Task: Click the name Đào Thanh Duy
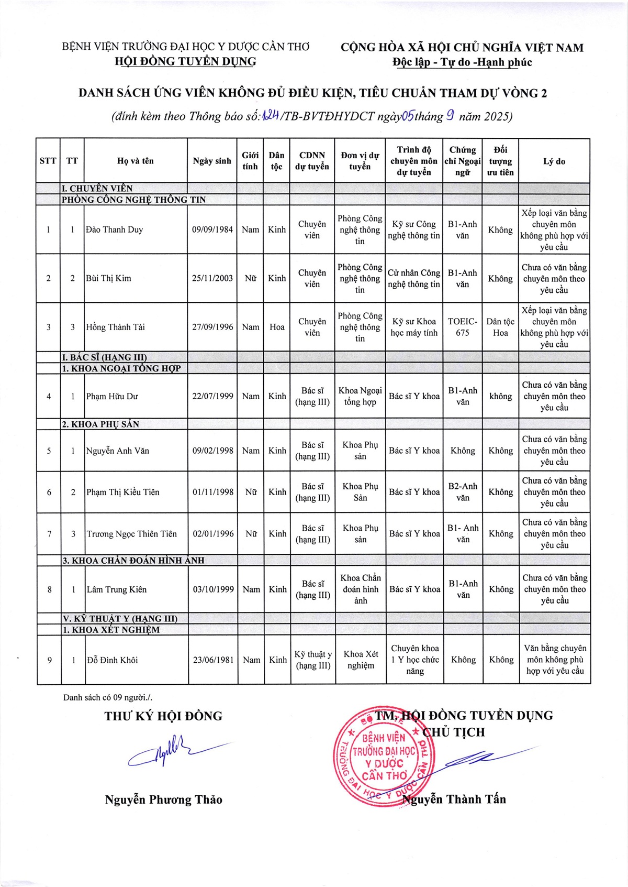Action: pos(115,229)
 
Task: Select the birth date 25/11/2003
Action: pos(212,278)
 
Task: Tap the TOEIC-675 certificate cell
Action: pos(463,327)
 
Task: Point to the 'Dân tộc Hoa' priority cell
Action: pos(500,327)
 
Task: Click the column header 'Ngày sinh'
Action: pos(212,161)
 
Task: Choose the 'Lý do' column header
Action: pos(554,161)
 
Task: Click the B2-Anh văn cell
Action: pos(463,492)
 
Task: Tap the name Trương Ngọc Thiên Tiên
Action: pos(132,534)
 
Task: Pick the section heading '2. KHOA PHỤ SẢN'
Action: pos(101,424)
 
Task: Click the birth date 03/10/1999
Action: pos(213,589)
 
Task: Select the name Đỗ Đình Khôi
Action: pos(113,660)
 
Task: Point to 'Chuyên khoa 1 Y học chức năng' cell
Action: pos(415,660)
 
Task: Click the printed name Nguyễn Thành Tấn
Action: pos(454,799)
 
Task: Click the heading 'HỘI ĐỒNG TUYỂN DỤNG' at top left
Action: pos(185,62)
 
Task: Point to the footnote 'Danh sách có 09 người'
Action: pos(108,697)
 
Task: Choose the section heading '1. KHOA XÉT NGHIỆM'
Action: pos(111,630)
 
